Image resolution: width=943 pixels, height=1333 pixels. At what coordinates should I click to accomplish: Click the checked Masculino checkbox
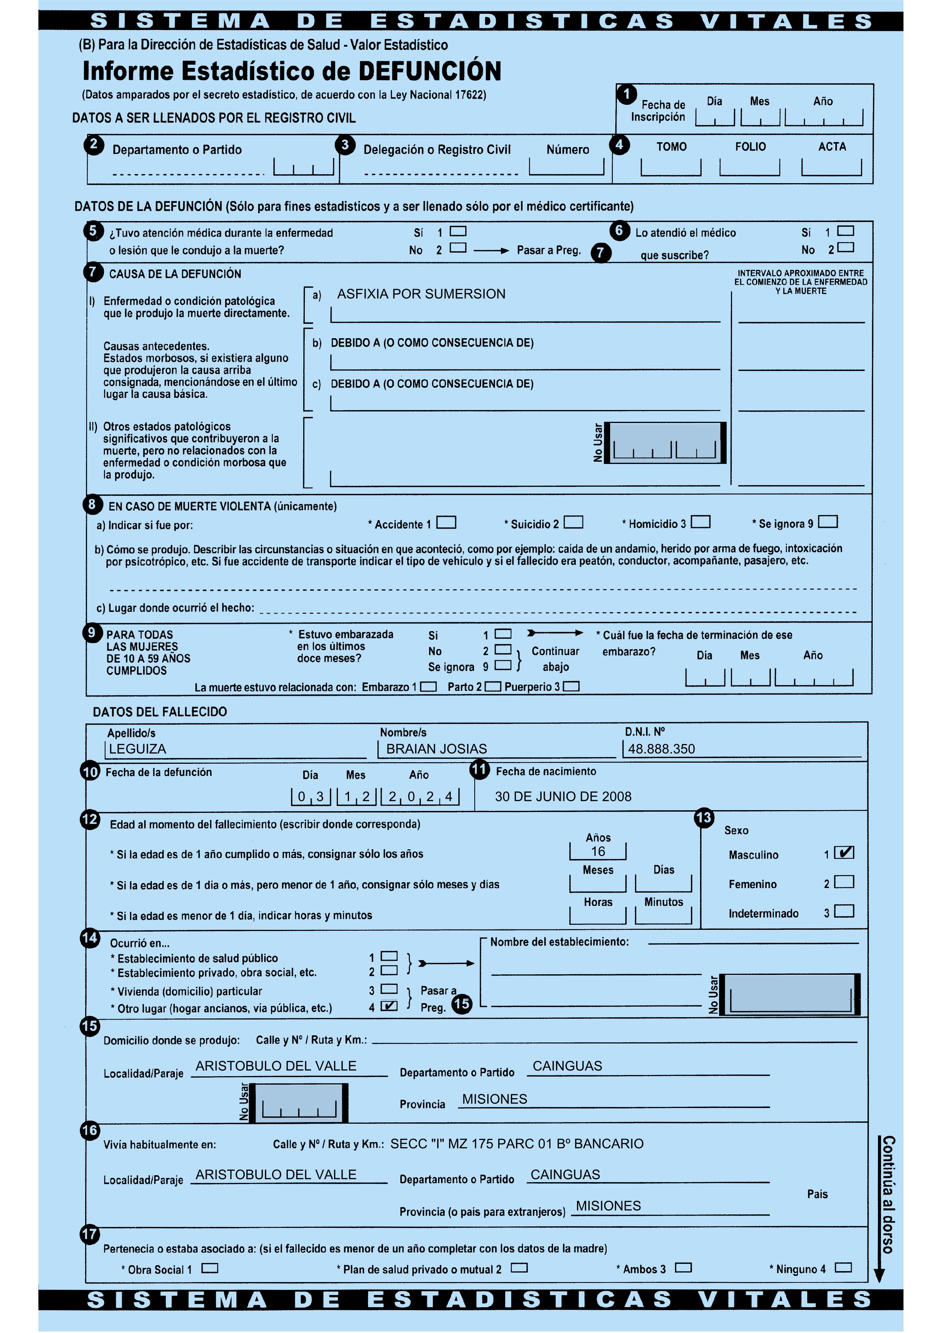(x=844, y=853)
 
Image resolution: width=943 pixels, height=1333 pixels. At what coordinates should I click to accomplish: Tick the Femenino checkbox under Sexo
(x=844, y=882)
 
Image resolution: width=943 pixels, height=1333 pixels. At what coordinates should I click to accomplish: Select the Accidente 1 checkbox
(x=446, y=522)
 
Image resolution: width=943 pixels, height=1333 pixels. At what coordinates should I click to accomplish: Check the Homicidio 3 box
(x=700, y=522)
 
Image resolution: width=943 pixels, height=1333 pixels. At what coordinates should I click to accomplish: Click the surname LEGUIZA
(x=138, y=749)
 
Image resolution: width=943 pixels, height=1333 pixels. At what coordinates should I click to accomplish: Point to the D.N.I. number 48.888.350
(x=661, y=749)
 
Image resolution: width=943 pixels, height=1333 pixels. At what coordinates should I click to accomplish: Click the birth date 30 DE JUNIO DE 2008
(x=563, y=796)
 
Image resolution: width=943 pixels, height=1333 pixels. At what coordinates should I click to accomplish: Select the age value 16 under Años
(x=598, y=852)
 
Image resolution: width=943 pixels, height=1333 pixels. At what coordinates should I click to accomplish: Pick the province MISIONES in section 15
(x=495, y=1099)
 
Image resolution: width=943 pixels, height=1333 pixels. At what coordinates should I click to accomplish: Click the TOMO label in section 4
(x=671, y=147)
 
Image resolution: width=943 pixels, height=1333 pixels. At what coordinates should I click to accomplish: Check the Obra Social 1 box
(x=210, y=1268)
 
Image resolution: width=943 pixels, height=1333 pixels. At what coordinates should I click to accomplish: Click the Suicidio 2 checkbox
(x=573, y=522)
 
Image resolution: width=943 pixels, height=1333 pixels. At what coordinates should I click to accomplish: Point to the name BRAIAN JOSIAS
(x=437, y=749)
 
